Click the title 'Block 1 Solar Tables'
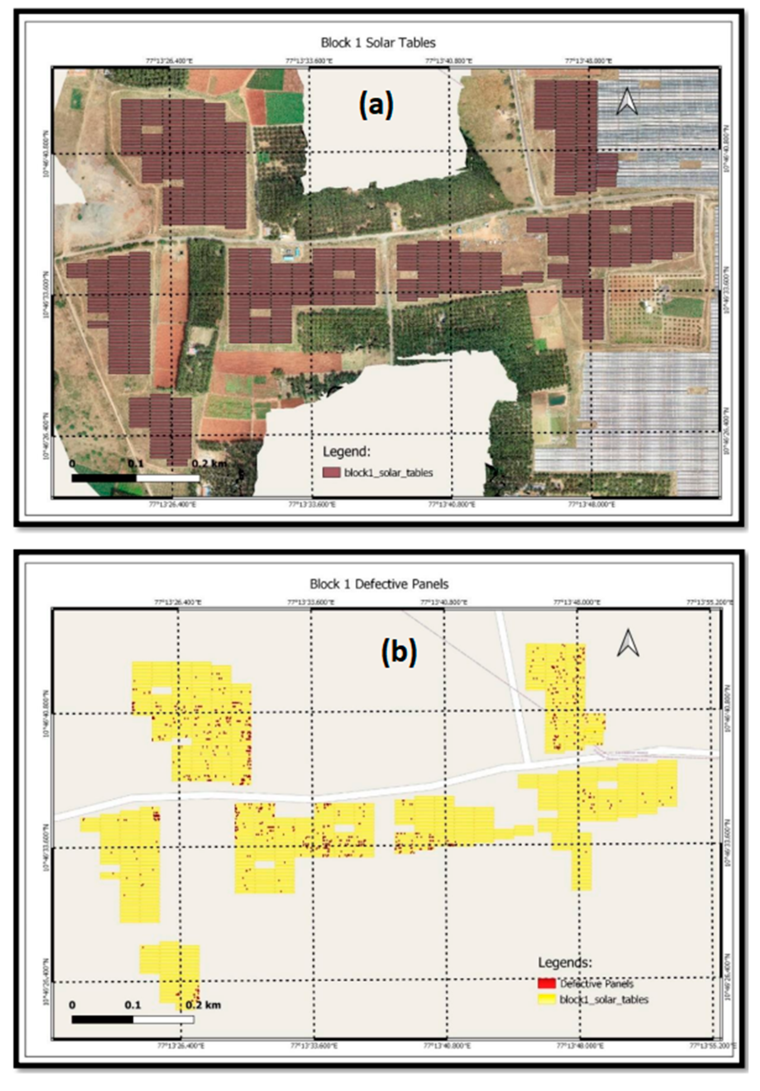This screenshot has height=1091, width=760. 378,43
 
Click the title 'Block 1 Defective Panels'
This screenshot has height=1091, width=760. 379,584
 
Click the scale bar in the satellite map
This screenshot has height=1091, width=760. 136,478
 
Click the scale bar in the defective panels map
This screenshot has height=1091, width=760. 133,1019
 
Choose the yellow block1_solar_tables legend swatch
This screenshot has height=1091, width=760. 547,999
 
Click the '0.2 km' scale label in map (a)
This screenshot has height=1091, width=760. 209,463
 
